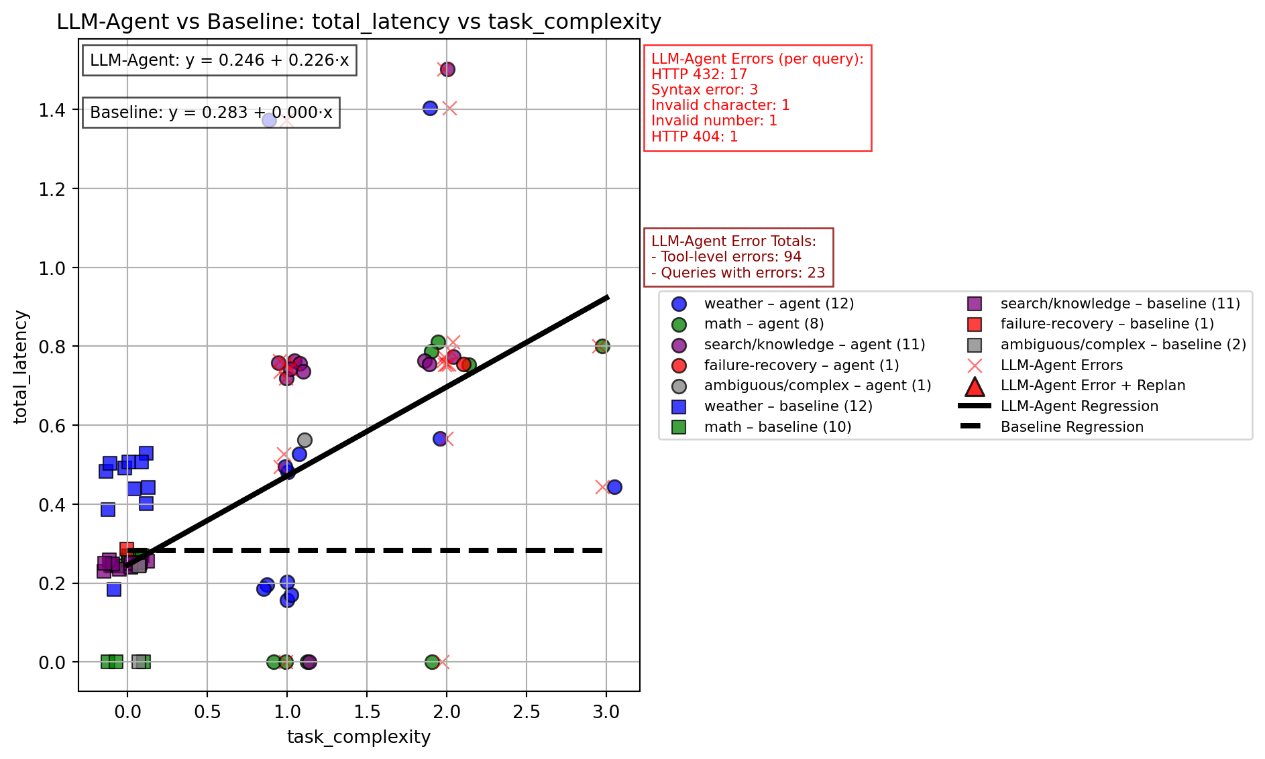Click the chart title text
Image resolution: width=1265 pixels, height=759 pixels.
tap(359, 22)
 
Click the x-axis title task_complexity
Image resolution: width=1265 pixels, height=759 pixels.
tap(359, 737)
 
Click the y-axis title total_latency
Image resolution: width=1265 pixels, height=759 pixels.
tap(21, 367)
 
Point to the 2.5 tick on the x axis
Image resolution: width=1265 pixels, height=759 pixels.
tap(527, 711)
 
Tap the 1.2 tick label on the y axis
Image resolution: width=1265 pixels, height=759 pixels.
tap(52, 189)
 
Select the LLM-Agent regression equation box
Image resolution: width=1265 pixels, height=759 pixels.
tap(219, 60)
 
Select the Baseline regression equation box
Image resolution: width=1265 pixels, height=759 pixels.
tap(211, 113)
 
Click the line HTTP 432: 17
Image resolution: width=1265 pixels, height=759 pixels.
tap(699, 74)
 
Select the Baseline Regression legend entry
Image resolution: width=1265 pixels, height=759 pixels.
tap(1071, 427)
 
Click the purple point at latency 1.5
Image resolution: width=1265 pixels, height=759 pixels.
tap(447, 69)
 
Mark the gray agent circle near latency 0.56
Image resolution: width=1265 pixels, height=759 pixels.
tap(305, 440)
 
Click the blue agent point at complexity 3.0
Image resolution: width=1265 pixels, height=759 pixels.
tap(614, 487)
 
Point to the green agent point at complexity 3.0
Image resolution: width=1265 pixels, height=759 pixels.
tap(602, 346)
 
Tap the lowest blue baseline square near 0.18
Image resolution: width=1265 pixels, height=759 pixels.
tap(114, 589)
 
